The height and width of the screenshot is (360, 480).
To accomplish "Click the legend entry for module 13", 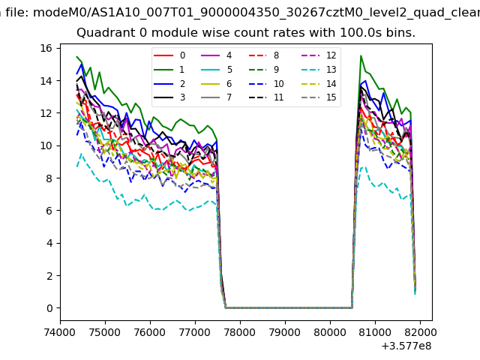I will pos(319,70).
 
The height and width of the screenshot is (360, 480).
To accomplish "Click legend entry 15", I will pos(319,97).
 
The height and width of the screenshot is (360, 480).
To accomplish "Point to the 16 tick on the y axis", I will pos(45,48).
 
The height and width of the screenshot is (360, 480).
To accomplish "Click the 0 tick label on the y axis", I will pos(48,308).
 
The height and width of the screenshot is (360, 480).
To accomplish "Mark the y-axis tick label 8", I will pos(48,178).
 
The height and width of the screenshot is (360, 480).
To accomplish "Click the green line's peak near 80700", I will pos(361,56).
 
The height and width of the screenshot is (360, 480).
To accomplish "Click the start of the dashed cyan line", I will pos(77,166).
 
